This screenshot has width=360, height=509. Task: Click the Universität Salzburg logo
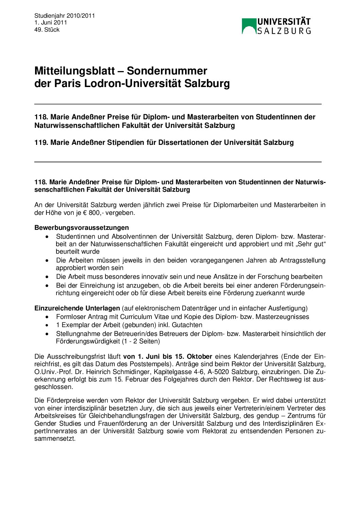(276, 26)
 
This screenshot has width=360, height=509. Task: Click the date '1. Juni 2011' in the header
(51, 22)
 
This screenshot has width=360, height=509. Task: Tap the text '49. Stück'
(47, 30)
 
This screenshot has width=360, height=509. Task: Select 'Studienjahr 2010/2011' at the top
(65, 16)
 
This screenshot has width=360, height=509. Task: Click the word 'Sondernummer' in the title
(167, 71)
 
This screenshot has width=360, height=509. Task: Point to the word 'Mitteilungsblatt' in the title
(75, 71)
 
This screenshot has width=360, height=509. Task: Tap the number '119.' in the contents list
(41, 142)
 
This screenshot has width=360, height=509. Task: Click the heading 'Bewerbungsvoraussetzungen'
(82, 227)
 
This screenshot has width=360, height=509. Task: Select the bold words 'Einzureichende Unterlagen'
(77, 308)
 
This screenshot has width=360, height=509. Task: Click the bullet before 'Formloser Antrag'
(47, 317)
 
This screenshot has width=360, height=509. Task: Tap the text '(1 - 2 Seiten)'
(141, 341)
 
